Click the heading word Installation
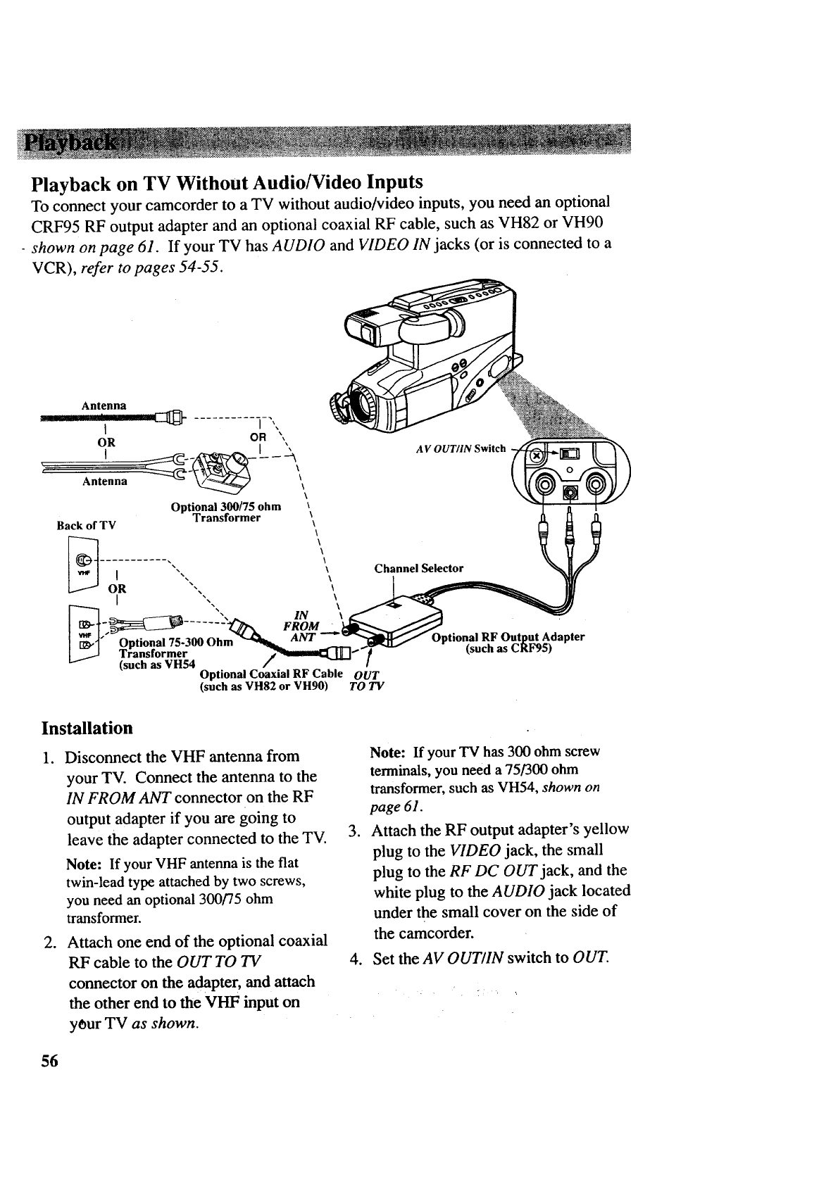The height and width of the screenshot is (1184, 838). coord(87,727)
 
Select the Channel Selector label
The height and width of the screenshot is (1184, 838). coord(418,568)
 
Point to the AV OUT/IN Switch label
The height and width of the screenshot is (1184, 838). coord(461,449)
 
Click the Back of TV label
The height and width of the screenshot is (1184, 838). coord(86,525)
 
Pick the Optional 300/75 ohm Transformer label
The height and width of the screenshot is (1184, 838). coord(226,512)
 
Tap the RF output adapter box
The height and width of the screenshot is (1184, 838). coord(399,619)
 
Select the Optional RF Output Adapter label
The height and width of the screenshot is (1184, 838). coord(508,643)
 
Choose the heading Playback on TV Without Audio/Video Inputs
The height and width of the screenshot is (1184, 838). coord(227,183)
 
